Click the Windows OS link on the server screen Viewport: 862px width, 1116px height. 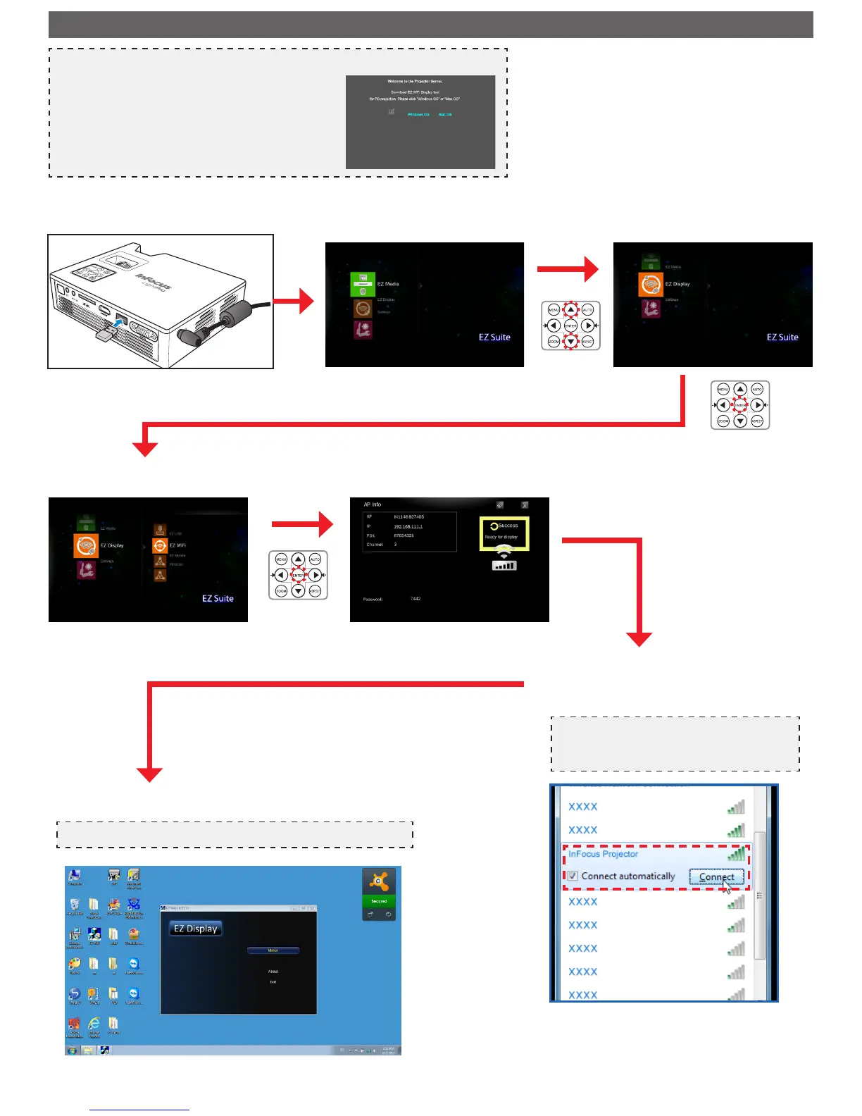418,114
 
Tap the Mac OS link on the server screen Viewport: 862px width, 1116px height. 445,114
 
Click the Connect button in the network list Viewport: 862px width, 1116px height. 716,877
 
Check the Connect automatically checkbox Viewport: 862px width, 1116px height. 573,876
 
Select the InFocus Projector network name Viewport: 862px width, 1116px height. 603,854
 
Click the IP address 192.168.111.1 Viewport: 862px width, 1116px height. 408,526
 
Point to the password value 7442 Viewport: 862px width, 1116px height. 416,599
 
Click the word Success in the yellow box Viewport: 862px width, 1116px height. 508,526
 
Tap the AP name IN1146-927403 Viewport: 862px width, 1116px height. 408,517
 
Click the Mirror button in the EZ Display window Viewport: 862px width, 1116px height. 273,950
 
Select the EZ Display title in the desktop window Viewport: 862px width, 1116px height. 196,929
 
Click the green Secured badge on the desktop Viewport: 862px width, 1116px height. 379,901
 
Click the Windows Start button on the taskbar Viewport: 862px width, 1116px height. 72,1050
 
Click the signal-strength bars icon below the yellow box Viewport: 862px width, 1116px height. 504,565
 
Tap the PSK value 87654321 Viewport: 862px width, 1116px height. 404,535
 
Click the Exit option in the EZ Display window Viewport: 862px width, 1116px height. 273,981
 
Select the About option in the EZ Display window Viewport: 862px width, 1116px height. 273,972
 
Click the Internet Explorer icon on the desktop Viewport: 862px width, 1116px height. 94,1023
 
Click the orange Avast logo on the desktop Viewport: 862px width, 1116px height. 379,881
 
